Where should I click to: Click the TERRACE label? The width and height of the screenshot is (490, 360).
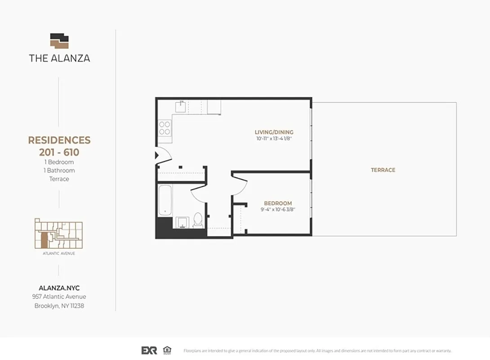click(383, 170)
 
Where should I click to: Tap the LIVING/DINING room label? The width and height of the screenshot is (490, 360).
click(274, 132)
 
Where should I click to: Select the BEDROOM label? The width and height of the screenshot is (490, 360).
click(278, 203)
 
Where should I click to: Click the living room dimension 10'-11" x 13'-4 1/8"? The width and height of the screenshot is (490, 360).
click(274, 139)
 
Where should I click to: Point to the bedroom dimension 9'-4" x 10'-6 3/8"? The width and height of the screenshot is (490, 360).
click(278, 210)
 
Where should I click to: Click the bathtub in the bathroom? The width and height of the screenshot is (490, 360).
click(165, 200)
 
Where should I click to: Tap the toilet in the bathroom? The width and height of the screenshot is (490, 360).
click(198, 220)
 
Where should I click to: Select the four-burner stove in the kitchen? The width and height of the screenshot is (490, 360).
click(165, 128)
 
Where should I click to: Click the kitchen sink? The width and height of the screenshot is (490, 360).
click(181, 107)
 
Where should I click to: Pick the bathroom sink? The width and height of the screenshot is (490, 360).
click(181, 222)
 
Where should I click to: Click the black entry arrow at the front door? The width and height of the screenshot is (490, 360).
click(156, 155)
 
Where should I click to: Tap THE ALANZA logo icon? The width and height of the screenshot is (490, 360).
click(59, 40)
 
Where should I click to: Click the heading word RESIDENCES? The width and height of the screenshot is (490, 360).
click(59, 140)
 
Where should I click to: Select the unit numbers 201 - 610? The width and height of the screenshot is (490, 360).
click(59, 153)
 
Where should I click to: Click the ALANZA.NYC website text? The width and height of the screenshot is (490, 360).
click(59, 288)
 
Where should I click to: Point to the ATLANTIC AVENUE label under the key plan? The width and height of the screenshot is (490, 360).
click(59, 253)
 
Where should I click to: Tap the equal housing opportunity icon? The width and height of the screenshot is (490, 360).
click(167, 350)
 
